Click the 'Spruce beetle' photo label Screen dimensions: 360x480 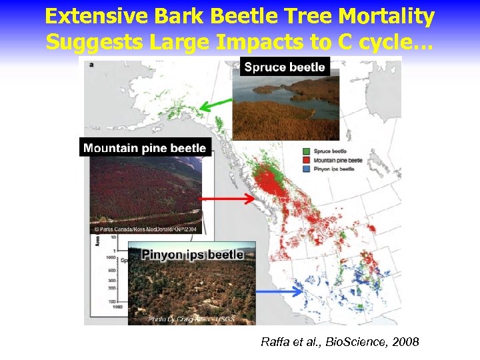coord(285,67)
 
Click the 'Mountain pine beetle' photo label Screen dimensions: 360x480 coord(145,148)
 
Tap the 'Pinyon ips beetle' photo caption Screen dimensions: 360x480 coord(191,255)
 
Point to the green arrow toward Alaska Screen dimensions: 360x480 coord(216,104)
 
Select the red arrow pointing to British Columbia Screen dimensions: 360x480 coord(228,199)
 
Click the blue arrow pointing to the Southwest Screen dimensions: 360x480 coord(280,292)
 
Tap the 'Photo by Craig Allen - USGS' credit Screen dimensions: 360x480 coord(191,319)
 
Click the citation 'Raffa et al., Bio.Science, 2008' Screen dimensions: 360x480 coord(340,343)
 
